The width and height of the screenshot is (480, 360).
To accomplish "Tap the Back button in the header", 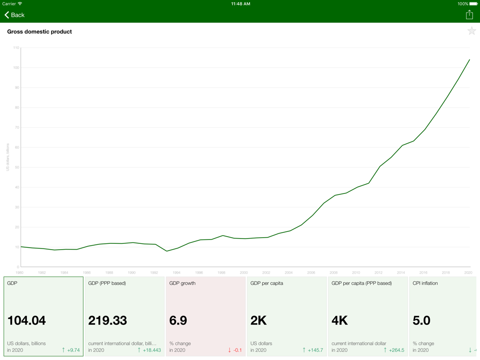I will coord(14,15).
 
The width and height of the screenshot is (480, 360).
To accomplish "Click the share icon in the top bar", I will coord(469,15).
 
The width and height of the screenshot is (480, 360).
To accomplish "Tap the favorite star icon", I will coord(471,32).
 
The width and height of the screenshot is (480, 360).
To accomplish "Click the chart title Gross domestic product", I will coord(39,32).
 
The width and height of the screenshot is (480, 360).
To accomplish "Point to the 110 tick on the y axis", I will coord(16,48).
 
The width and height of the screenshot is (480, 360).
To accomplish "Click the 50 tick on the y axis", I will coord(17,168).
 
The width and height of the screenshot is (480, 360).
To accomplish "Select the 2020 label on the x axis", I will coord(468,273).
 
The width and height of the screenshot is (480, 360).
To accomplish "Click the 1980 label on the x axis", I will coord(19,273).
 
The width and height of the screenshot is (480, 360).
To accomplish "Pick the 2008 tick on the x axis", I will coord(334,273).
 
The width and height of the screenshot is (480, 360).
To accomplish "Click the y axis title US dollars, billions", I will coord(8,157).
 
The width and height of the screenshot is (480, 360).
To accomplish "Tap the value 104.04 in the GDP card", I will coord(27,321).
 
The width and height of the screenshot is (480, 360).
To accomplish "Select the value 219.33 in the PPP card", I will coord(108,321).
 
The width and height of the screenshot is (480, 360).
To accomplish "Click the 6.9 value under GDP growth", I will coord(178,321).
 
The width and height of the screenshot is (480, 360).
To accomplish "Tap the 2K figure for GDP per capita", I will coord(259,321).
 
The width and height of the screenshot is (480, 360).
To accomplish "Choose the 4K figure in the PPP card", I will coord(340,321).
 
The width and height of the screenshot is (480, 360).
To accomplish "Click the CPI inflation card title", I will coord(425,283).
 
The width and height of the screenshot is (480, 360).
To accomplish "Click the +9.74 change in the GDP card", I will coord(73,350).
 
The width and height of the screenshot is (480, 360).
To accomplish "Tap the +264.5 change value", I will coord(396,350).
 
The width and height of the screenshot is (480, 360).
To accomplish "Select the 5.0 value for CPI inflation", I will coord(421,321).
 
